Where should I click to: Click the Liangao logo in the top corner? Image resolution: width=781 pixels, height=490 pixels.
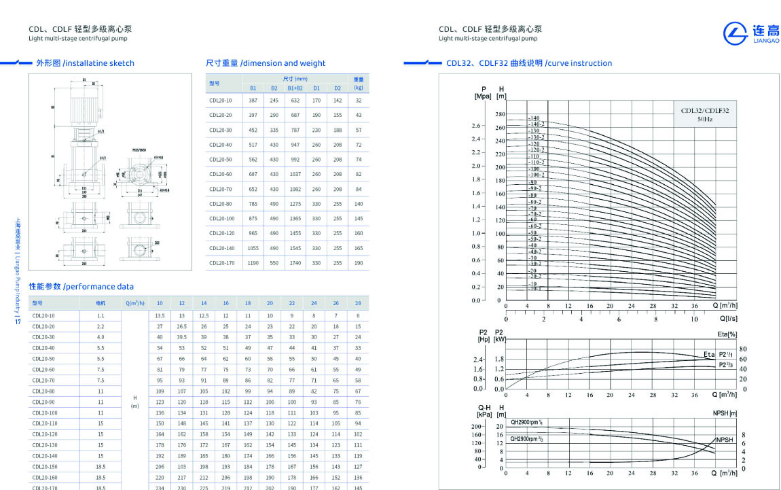tap(750, 32)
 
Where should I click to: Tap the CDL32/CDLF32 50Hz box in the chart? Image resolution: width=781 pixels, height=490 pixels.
tap(704, 114)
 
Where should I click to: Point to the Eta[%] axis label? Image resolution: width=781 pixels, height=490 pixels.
tap(727, 334)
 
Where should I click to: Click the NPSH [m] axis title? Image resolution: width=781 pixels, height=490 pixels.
tap(725, 413)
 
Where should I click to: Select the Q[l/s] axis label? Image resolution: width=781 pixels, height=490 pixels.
tap(728, 318)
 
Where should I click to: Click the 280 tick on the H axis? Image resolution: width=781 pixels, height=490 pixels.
tap(500, 114)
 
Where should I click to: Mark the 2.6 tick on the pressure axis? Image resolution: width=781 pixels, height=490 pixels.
tap(476, 126)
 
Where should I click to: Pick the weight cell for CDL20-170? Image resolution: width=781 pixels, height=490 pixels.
tap(358, 263)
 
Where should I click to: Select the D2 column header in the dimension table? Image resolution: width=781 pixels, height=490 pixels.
tap(337, 88)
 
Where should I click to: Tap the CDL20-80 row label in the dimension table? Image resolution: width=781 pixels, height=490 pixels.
tap(220, 204)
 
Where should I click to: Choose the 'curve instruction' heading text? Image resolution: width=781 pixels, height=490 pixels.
tap(578, 63)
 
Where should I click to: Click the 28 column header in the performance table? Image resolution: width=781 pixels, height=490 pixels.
tap(357, 303)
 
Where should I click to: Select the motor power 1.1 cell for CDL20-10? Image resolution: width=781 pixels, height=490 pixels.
tap(101, 316)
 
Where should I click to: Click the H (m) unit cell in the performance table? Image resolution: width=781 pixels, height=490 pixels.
tap(134, 402)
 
